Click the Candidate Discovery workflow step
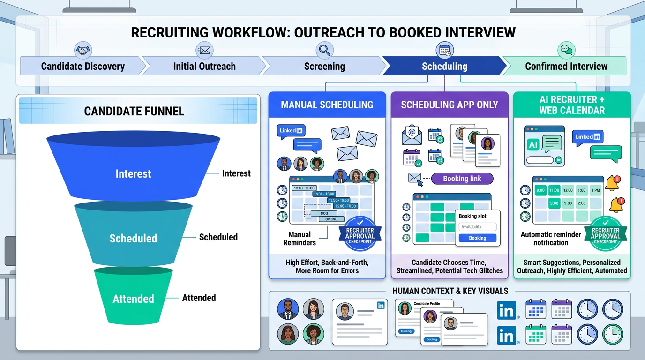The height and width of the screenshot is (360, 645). coord(82,66)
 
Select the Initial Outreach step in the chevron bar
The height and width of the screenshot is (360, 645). coord(204,66)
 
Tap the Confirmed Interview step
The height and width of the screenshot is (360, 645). coord(566,66)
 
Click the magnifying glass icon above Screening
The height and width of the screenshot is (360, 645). coord(324,49)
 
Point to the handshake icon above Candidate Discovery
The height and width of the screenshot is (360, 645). coord(83,49)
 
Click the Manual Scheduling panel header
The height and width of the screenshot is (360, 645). coord(327,105)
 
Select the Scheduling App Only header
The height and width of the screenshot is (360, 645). coord(449,105)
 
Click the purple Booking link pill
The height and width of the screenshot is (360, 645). coord(462,179)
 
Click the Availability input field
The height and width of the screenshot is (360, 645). coord(477,227)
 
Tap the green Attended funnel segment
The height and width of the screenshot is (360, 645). coord(133,299)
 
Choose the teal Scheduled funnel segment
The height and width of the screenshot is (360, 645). coord(133,238)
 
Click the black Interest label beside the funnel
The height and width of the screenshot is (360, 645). coord(236,173)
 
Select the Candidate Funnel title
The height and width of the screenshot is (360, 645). coord(134,111)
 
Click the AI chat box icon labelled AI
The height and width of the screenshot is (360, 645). coord(533,145)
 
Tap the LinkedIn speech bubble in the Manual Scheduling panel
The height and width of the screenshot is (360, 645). coord(291,131)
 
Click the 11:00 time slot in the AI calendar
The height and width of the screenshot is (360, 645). coord(554,190)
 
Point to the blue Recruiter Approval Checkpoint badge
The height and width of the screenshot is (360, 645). coord(360,233)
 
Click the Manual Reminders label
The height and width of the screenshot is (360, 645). coord(299,238)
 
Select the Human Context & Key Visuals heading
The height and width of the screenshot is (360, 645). coord(450,291)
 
